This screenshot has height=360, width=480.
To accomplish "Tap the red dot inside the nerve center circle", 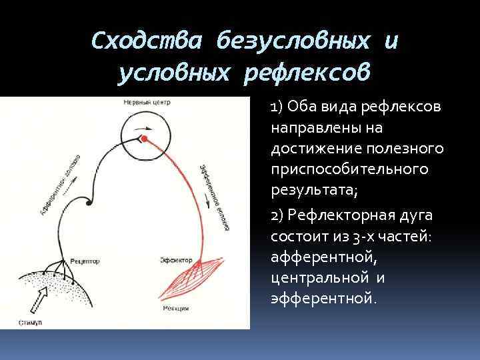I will tap(143, 138).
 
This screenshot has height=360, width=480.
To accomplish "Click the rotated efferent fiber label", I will tap(211, 197).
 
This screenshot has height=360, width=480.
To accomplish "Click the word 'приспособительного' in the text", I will tap(349, 169).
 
